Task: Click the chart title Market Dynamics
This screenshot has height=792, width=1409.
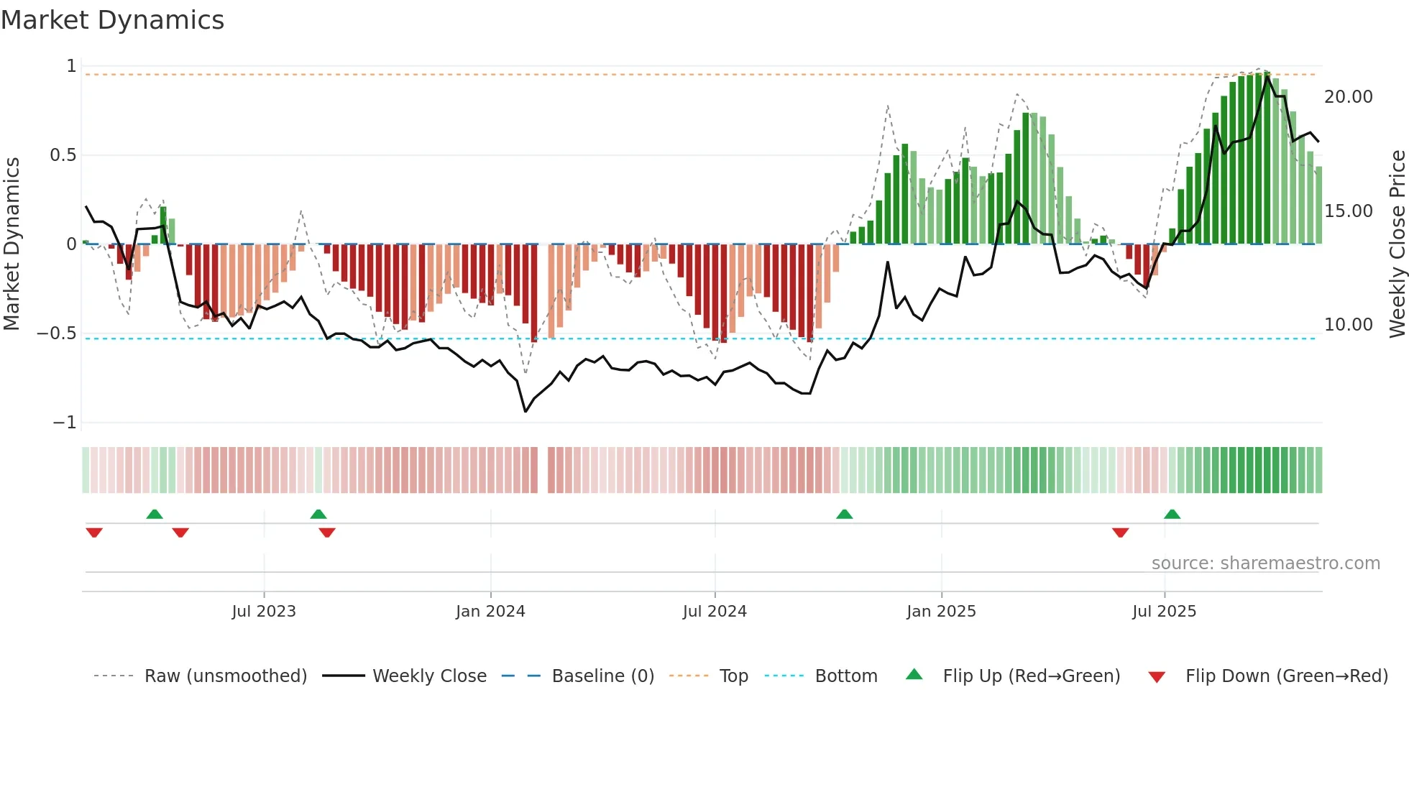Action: coord(113,20)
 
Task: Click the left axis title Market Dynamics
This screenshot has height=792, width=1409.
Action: coord(12,244)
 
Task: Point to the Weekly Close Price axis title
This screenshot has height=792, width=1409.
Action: coord(1397,244)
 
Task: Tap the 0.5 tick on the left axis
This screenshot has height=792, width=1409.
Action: coord(63,155)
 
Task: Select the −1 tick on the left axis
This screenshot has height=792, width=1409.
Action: coord(64,423)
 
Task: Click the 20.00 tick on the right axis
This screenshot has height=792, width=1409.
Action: coord(1348,97)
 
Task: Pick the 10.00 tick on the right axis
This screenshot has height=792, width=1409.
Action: coord(1348,325)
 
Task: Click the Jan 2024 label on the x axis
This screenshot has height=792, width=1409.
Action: coord(490,612)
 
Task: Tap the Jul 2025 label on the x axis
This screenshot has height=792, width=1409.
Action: coord(1164,612)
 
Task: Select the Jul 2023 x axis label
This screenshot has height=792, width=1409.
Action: coord(264,612)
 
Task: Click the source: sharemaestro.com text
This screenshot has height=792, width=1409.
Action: coord(1265,563)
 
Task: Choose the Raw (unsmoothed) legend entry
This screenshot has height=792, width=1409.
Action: coord(225,676)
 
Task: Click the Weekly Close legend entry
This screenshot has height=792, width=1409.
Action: coord(429,676)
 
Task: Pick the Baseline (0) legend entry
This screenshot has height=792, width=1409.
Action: coord(602,676)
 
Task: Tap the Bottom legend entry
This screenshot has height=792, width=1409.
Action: coord(845,676)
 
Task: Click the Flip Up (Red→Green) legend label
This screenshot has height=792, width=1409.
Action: coord(1031,676)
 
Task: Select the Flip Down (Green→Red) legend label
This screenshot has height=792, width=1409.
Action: coord(1286,676)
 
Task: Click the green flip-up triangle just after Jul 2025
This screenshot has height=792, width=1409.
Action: coord(1172,514)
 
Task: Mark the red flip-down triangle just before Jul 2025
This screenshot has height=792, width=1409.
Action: coord(1120,533)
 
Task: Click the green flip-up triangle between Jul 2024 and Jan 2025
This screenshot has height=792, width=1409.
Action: coord(845,514)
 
